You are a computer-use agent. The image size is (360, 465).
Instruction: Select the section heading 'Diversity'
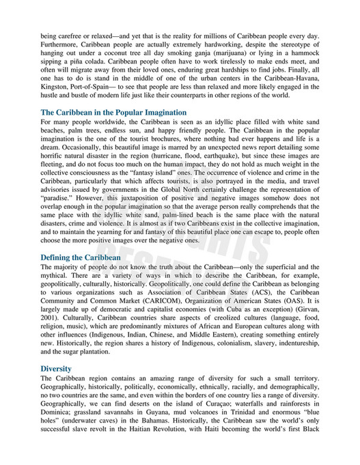tap(56, 368)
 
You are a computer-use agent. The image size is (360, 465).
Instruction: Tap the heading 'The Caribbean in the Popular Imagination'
tap(113, 112)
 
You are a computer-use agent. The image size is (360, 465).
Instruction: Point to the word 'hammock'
tap(304, 60)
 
